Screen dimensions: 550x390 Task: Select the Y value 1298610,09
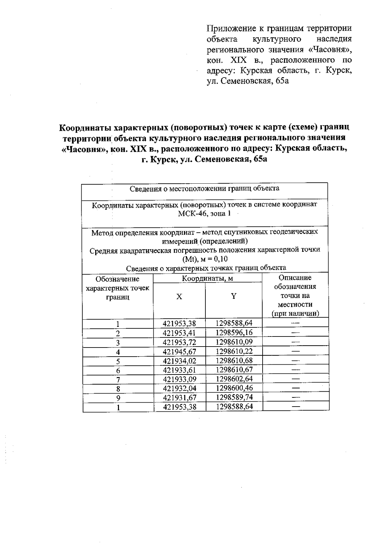(234, 342)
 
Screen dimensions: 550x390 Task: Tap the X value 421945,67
(179, 351)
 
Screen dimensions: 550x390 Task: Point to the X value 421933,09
(179, 379)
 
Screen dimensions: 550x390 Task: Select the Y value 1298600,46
(234, 388)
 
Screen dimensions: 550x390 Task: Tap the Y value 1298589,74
(234, 397)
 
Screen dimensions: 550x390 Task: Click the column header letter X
(179, 297)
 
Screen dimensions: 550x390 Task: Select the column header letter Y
(233, 296)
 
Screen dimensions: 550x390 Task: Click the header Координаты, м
(207, 278)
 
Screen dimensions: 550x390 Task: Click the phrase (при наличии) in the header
(295, 314)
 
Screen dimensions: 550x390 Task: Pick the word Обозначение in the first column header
(117, 279)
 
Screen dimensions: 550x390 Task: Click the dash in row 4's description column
(295, 351)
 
